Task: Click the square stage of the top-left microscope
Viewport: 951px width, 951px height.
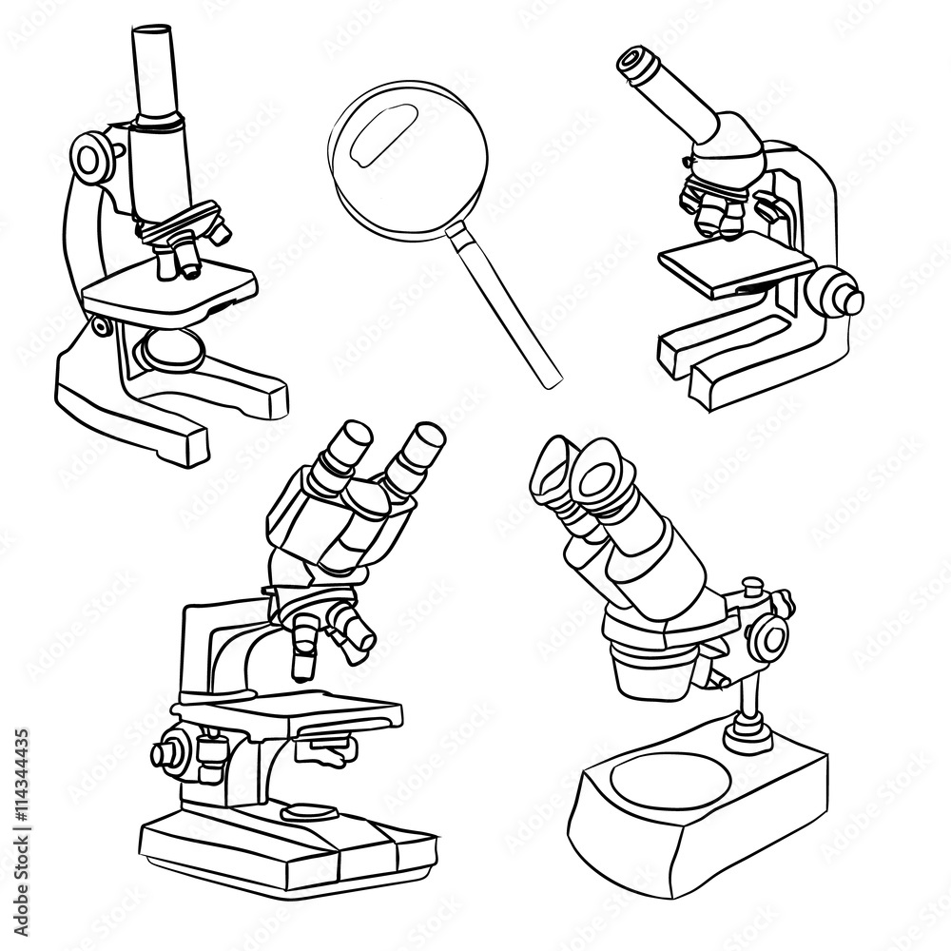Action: (171, 290)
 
